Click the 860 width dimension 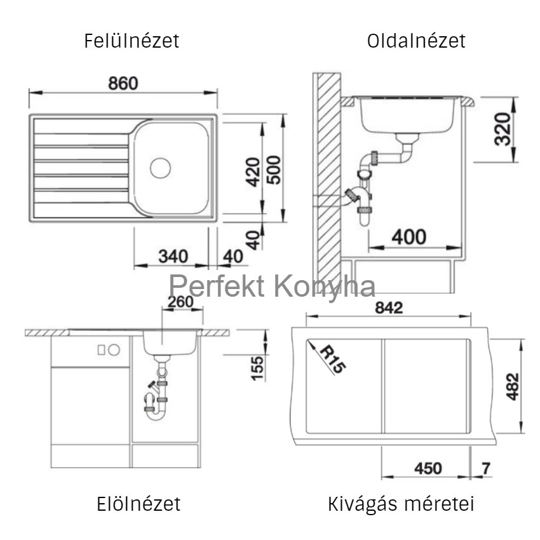(x=123, y=83)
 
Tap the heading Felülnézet (x=132, y=41)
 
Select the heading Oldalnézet (x=416, y=41)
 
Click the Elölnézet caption (x=138, y=504)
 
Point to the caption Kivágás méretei (x=401, y=504)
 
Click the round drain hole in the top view (x=160, y=168)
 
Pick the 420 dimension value (x=253, y=172)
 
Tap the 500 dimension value (x=274, y=170)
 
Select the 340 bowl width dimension (x=173, y=256)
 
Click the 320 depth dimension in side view (x=502, y=129)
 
